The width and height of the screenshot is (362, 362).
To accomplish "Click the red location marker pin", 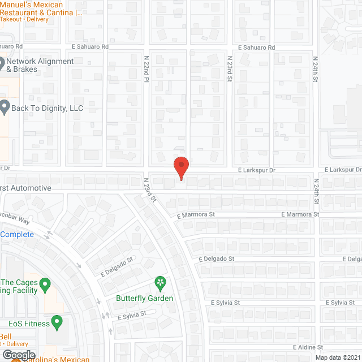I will tap(180, 167).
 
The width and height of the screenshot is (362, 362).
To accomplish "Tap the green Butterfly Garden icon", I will tap(161, 282).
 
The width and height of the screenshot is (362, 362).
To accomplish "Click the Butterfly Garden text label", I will tap(145, 298).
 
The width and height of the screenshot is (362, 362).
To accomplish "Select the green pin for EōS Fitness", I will tap(57, 323).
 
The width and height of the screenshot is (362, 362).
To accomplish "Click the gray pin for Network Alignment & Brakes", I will tap(2, 62).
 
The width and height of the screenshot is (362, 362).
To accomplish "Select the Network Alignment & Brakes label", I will tap(40, 65).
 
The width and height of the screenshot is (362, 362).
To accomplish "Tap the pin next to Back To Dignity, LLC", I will tap(5, 106).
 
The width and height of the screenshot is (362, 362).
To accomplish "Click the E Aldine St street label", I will tap(308, 347).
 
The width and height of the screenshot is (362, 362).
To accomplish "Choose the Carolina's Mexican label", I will tap(62, 359).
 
